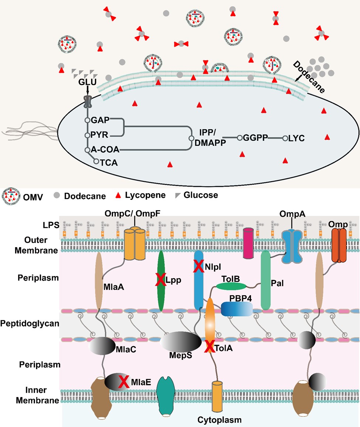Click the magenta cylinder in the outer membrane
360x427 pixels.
click(250, 238)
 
